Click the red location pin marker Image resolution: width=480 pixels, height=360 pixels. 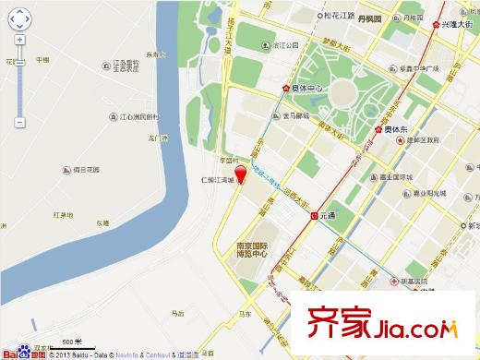pos(240,175)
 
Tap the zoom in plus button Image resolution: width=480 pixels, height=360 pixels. pos(20,41)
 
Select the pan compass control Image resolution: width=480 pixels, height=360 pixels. pos(20,18)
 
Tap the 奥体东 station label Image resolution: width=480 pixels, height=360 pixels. pos(398,131)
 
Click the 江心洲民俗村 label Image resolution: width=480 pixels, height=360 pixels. pos(139,117)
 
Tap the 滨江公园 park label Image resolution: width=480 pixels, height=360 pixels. pos(285,44)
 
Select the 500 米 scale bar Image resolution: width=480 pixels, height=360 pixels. pos(69,343)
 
